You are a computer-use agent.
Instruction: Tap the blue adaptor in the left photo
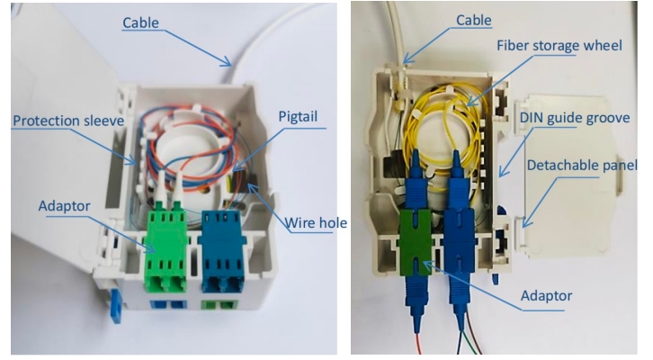click(226, 252)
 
